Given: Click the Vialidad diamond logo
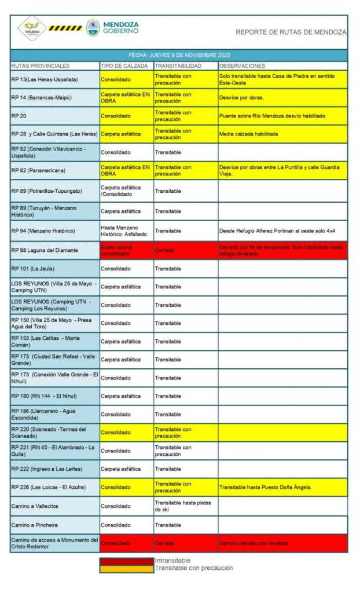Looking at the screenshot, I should [31, 28].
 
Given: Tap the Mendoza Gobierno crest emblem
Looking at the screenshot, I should [93, 28].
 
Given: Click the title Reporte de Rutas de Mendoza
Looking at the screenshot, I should [291, 32].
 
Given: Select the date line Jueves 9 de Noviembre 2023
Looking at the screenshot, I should [179, 55].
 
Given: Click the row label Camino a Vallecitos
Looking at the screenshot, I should [35, 506].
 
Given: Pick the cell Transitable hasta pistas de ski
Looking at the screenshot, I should [183, 506].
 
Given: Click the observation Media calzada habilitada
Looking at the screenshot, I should [248, 134].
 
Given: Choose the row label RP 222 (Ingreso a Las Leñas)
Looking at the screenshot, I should [46, 468].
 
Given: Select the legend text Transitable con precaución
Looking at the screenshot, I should [193, 568].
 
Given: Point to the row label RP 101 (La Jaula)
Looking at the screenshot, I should [32, 269].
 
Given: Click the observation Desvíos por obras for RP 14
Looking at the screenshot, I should [241, 97].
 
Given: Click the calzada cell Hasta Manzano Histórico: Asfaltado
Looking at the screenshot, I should [122, 230].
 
